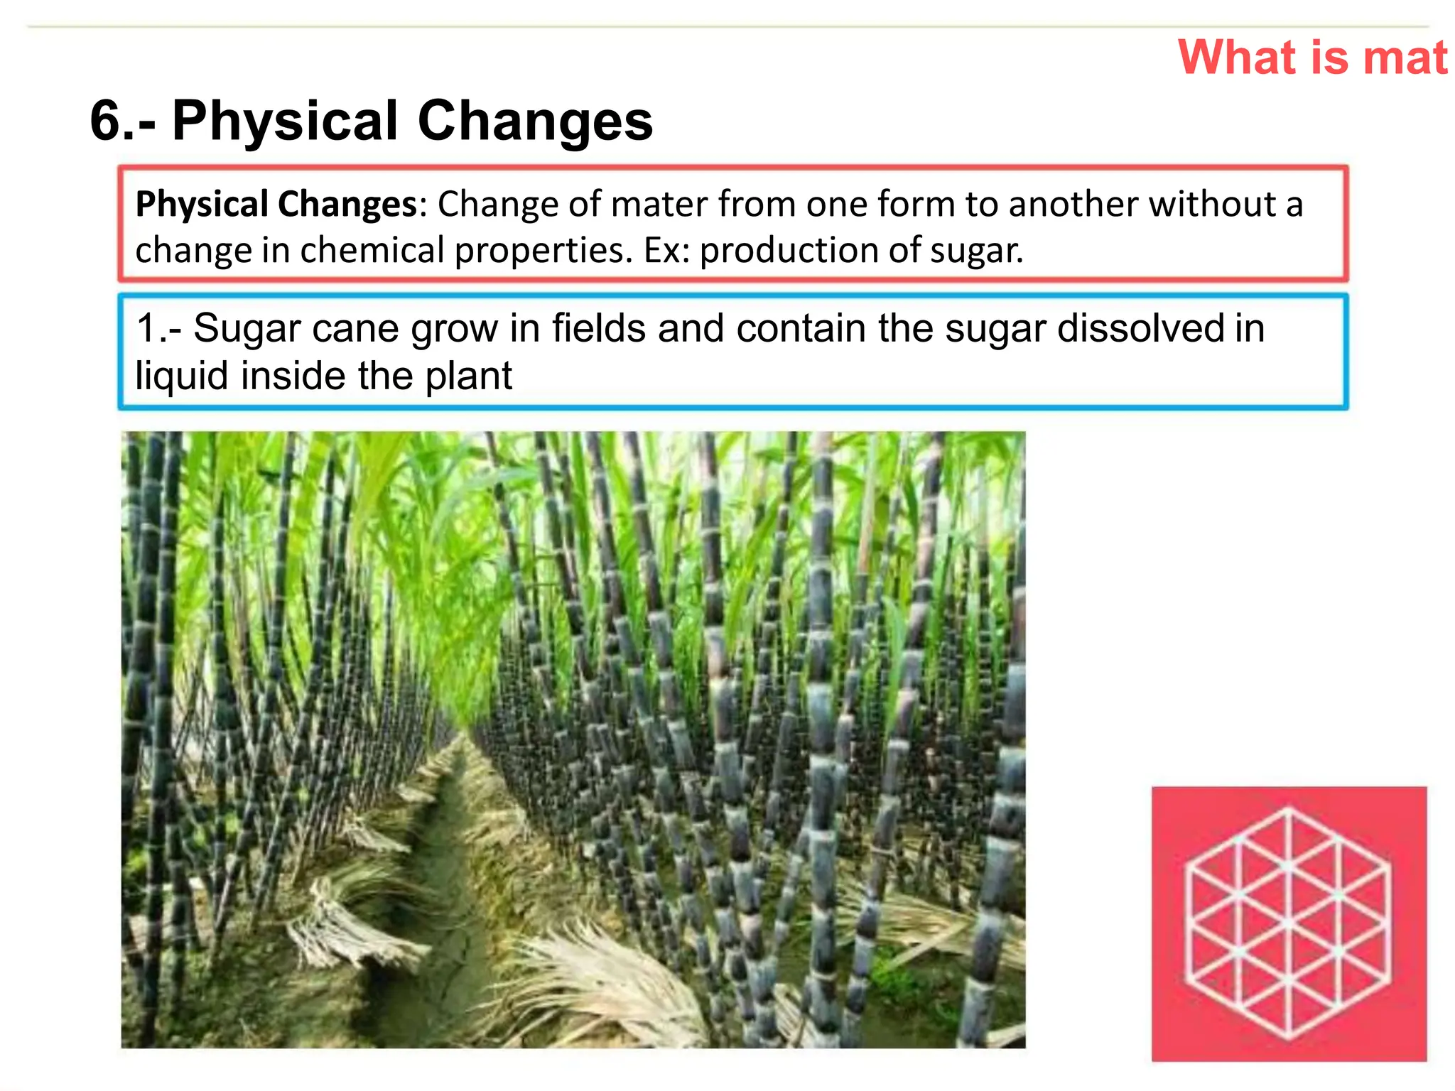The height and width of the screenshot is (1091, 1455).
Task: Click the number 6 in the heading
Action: pos(107,121)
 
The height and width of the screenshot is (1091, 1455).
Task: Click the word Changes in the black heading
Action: pos(534,121)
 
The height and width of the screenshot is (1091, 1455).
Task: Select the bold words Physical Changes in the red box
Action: pos(276,205)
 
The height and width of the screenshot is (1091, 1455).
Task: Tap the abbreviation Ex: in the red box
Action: pos(666,250)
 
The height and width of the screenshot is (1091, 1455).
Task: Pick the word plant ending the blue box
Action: pos(468,376)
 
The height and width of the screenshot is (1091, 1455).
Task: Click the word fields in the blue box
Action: pos(599,329)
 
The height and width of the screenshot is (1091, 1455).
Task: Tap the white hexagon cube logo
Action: pos(1288,923)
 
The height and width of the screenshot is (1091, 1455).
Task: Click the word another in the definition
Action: pos(1073,205)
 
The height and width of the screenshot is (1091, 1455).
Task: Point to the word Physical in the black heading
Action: pos(284,121)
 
